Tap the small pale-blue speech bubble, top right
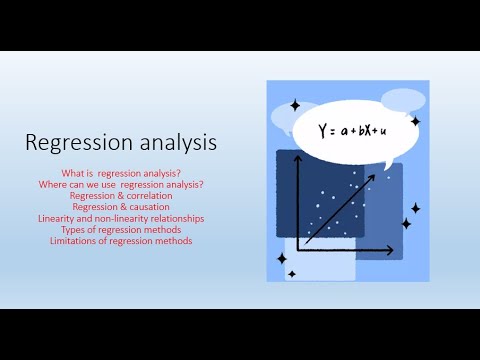click(403, 101)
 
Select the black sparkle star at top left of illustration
click(294, 104)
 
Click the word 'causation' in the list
click(145, 208)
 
